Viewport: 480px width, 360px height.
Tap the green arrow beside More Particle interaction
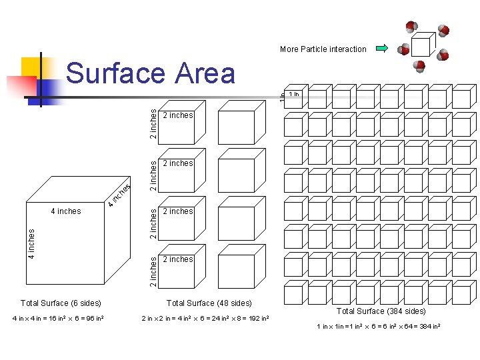(x=382, y=48)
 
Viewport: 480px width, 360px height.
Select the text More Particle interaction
(x=323, y=49)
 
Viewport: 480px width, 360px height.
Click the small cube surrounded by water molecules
(x=421, y=45)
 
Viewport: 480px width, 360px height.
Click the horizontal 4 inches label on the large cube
(x=65, y=211)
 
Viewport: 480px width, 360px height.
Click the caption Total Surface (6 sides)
(x=61, y=303)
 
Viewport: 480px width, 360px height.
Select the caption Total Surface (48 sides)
(x=209, y=303)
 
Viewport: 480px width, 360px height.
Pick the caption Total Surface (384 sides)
(x=381, y=311)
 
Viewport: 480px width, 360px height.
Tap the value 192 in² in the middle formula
(x=257, y=318)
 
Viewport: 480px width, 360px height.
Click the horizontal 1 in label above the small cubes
(x=294, y=94)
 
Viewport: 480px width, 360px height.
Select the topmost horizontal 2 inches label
(x=178, y=115)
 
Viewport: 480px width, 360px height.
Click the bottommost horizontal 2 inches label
(x=178, y=259)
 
